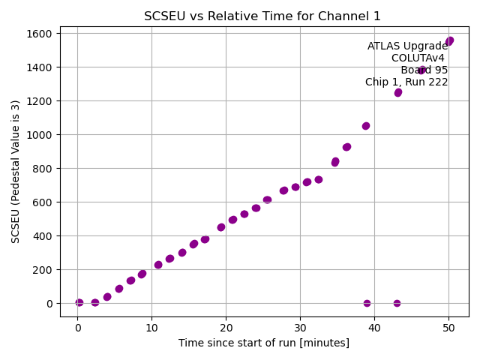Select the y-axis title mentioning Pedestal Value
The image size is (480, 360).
(16, 172)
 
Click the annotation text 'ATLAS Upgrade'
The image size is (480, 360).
(407, 46)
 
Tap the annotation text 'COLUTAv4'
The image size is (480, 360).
(418, 58)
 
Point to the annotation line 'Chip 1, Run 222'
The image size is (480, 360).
(406, 82)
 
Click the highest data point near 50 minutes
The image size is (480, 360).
(449, 41)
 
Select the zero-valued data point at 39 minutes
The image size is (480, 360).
(367, 304)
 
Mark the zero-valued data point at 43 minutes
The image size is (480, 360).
(397, 304)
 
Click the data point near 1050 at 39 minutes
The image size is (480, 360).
(366, 126)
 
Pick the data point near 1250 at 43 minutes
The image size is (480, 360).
(398, 93)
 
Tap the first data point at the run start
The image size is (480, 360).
(79, 303)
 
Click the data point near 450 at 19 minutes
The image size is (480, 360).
(221, 227)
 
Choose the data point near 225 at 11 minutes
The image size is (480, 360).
(158, 265)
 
